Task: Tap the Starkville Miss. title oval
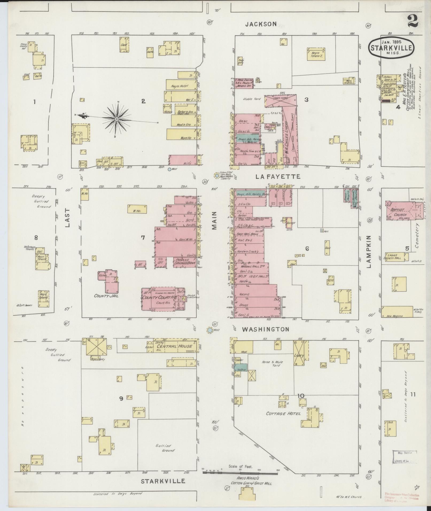point(392,47)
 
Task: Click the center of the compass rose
point(117,118)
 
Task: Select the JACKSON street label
point(261,24)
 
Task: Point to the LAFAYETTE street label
point(278,177)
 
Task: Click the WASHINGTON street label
point(265,329)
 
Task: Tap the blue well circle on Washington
point(210,330)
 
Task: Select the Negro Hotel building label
point(180,86)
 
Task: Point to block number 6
point(307,249)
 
